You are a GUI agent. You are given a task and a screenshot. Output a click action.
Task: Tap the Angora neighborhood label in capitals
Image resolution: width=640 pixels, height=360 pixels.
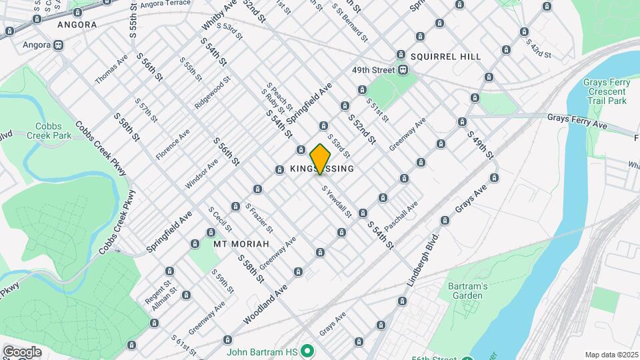(77, 25)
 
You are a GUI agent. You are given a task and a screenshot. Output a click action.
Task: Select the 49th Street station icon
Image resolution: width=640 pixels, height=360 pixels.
(403, 70)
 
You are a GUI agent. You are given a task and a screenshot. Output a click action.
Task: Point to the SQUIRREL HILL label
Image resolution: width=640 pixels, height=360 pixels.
(445, 57)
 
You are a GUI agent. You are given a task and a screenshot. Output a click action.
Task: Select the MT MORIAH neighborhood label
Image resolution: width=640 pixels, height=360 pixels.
(240, 244)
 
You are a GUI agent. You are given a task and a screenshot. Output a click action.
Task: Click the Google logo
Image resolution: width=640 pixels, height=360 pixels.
(22, 351)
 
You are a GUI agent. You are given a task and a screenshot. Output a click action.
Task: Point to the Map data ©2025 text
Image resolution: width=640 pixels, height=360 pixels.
(611, 355)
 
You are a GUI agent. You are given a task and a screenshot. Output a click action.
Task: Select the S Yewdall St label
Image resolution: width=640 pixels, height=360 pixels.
(337, 201)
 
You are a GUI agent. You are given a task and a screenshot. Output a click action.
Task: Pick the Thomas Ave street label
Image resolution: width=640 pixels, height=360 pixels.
(111, 70)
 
